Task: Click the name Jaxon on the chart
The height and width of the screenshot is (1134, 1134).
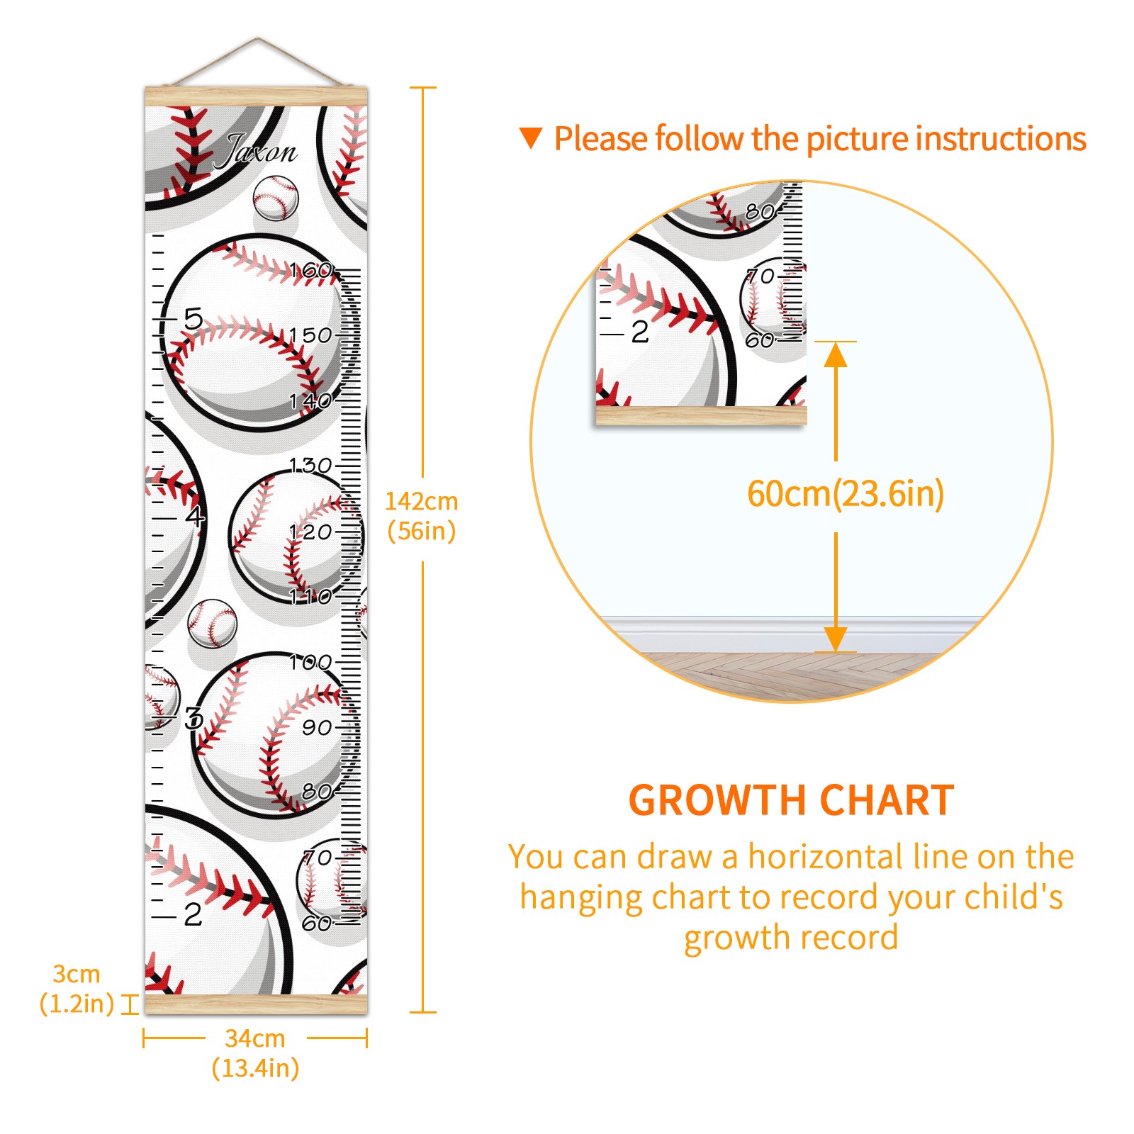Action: click(x=256, y=151)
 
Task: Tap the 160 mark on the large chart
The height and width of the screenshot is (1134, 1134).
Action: click(x=310, y=270)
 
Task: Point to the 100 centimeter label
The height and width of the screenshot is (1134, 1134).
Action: click(x=310, y=662)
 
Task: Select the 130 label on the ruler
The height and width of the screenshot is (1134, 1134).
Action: click(x=310, y=466)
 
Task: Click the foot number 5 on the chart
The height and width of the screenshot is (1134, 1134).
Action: click(x=193, y=318)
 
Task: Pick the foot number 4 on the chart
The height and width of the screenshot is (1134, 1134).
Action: click(x=195, y=515)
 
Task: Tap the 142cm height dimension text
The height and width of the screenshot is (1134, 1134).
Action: click(x=422, y=516)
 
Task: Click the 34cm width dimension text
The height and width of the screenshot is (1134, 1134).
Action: click(x=255, y=1053)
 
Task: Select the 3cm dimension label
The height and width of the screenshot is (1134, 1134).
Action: click(x=77, y=989)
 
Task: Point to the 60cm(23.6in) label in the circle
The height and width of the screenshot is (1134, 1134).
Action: click(x=846, y=494)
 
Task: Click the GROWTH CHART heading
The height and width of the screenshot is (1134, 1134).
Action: click(x=791, y=800)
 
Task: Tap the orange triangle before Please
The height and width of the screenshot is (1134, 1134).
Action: click(x=531, y=138)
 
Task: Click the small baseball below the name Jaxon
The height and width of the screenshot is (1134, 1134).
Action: click(x=276, y=197)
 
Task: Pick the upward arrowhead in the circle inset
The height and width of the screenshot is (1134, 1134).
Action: click(x=836, y=354)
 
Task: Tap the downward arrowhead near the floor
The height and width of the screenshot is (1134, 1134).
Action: click(x=836, y=639)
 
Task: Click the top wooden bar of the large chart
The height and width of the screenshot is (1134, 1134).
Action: click(x=256, y=96)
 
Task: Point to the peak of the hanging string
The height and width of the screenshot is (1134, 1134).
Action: click(x=258, y=38)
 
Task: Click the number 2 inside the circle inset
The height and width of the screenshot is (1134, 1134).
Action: click(x=639, y=332)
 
